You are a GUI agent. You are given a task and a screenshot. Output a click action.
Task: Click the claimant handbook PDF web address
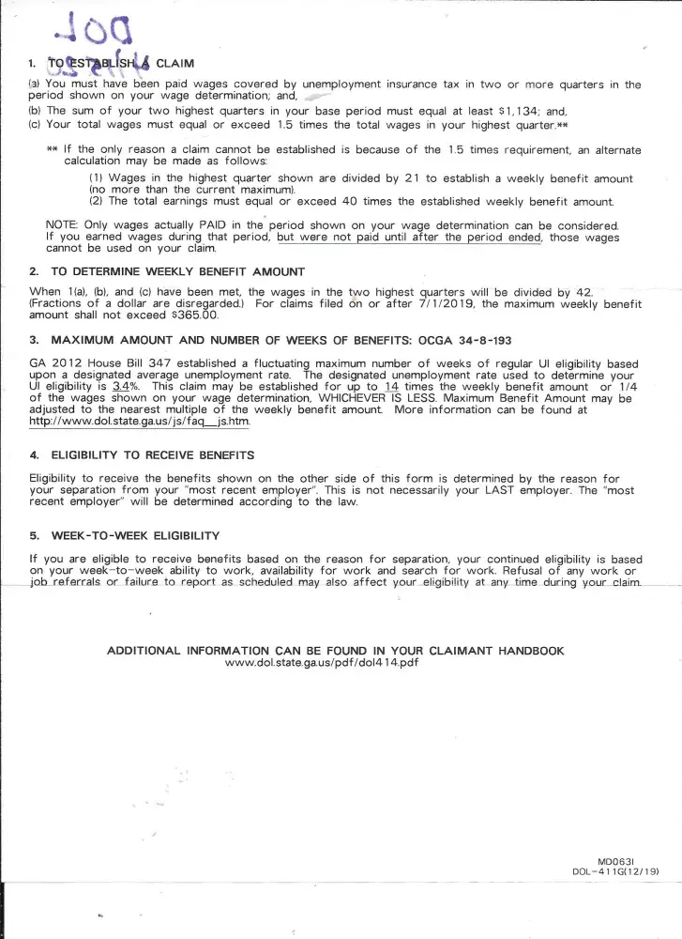point(322,663)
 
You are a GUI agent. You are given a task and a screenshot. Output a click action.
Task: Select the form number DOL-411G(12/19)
point(615,871)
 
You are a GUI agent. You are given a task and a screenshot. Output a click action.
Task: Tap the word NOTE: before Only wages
point(62,225)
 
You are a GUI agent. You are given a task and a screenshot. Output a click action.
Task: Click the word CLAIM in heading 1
point(174,64)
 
